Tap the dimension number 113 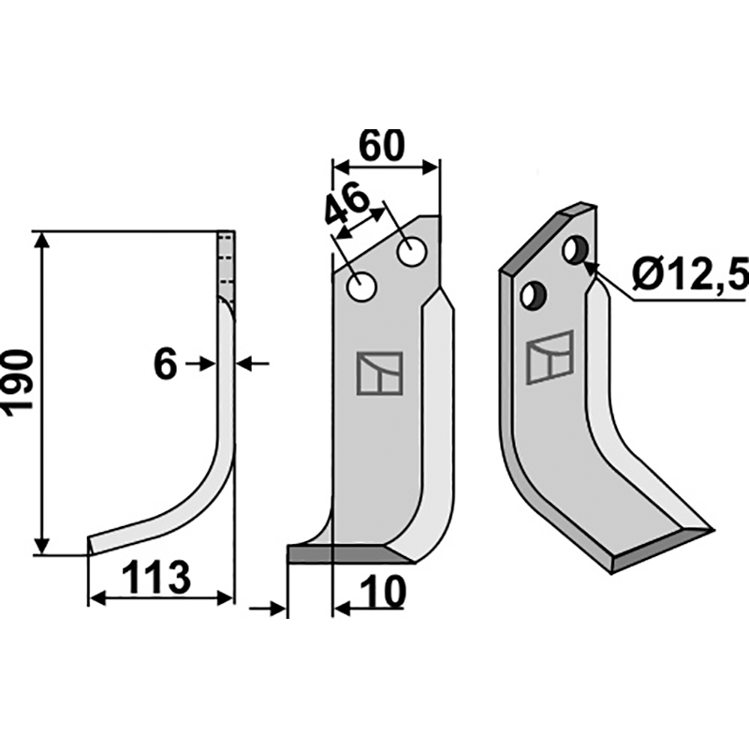click(156, 577)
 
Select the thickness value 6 click(166, 364)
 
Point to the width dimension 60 click(382, 145)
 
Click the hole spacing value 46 click(347, 204)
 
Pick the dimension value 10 click(384, 593)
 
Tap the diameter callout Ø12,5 click(691, 274)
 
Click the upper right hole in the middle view click(411, 252)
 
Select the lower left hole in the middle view click(361, 287)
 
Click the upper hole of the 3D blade click(577, 250)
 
